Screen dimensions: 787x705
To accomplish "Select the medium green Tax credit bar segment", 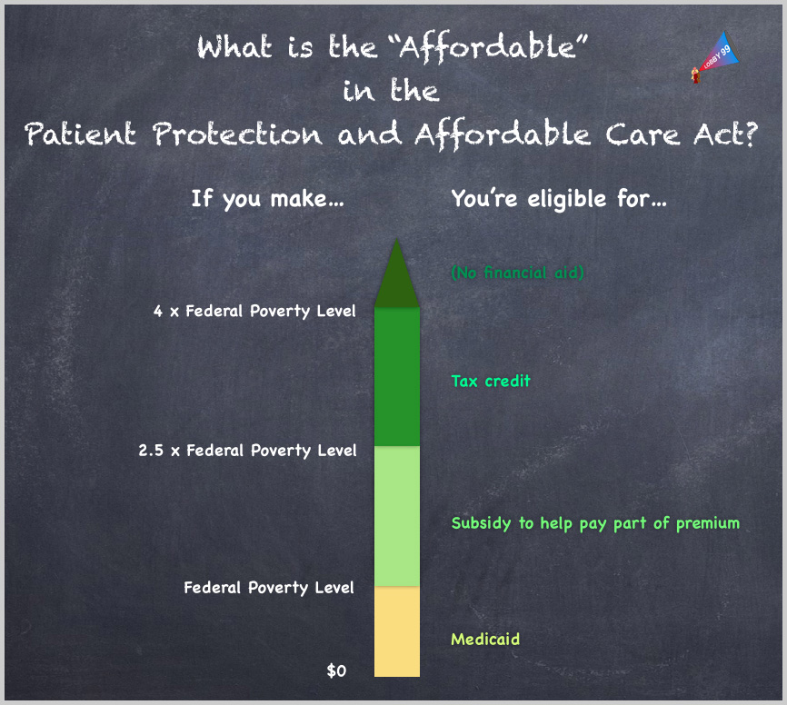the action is click(x=397, y=377).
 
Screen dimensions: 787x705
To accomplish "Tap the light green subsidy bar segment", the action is click(x=397, y=516).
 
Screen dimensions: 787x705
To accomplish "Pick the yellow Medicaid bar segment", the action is click(x=397, y=631).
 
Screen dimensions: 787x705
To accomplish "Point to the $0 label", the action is click(x=336, y=670).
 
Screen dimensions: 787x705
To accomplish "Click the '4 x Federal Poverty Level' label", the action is click(x=254, y=312).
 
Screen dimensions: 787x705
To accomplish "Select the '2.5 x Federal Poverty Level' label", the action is click(x=247, y=451).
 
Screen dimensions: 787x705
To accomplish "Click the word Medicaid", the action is click(x=485, y=639).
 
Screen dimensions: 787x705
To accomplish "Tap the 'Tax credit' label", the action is click(x=491, y=381).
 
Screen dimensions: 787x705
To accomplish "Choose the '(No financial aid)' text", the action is click(x=517, y=273).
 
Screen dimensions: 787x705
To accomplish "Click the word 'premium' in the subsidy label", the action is click(x=708, y=524).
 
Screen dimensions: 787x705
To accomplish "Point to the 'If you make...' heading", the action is click(x=267, y=200).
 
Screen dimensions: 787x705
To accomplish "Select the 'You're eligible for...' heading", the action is click(x=559, y=200).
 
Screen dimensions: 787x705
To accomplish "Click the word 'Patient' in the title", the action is click(x=80, y=134).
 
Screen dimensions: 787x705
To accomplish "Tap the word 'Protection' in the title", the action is click(x=237, y=134).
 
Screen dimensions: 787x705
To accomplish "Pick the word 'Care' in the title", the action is click(x=642, y=135).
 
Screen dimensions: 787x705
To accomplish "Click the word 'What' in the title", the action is click(x=234, y=47).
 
